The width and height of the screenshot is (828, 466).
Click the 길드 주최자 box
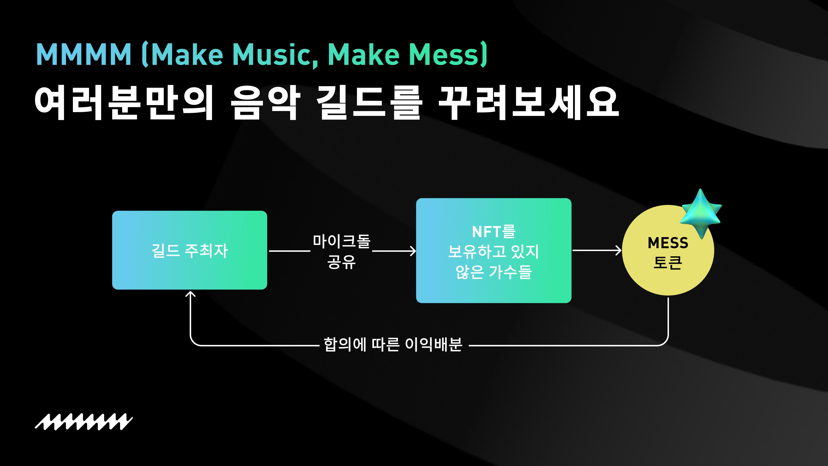pos(189,250)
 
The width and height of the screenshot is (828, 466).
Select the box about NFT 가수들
pos(493,251)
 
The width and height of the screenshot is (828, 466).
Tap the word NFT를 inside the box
pos(493,232)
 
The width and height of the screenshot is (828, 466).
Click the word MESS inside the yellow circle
pos(668,243)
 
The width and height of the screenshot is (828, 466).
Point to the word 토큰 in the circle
pos(668,262)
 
